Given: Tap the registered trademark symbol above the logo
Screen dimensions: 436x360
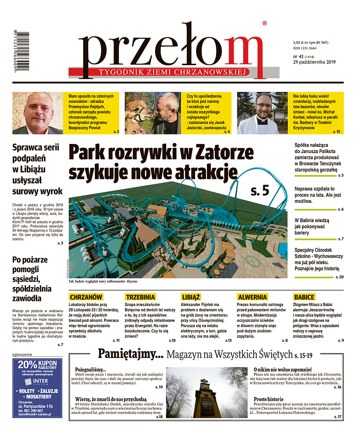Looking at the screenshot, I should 265,23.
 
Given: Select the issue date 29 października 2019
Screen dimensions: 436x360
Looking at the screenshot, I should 314,62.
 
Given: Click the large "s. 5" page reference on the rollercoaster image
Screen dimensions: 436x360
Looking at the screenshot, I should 260,191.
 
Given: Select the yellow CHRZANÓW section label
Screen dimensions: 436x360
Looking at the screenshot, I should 86,297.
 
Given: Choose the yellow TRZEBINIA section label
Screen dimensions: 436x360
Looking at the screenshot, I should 141,297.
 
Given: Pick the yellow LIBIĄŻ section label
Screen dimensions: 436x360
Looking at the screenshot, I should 191,297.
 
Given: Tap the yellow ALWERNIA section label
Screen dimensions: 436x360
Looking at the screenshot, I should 252,297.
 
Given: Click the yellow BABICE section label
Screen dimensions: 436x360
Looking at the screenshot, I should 304,297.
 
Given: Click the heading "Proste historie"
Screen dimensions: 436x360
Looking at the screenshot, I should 269,399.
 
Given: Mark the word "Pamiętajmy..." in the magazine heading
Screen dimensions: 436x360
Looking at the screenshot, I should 131,354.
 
